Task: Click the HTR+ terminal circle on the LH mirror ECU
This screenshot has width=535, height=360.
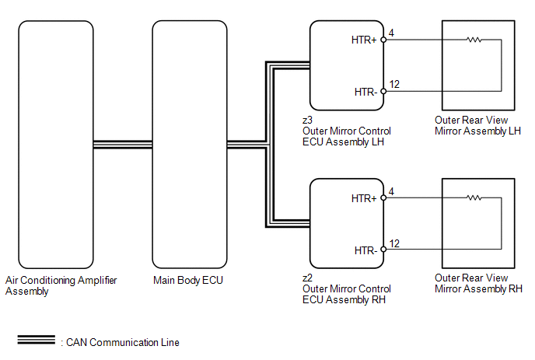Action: (383, 40)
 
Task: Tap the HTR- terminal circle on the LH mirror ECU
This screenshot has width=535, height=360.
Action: (383, 92)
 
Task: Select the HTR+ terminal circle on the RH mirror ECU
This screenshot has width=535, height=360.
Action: (383, 198)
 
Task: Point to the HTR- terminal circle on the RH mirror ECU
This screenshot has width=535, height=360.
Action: (383, 250)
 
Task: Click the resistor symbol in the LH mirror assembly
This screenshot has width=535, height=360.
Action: (474, 40)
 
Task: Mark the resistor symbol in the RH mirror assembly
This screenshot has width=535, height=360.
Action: (474, 197)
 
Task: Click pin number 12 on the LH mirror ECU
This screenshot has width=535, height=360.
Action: (394, 84)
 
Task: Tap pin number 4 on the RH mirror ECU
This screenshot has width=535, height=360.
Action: (391, 191)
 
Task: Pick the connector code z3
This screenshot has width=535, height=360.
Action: (307, 120)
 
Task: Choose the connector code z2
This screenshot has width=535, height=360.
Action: (307, 278)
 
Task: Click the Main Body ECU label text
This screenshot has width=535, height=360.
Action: (188, 280)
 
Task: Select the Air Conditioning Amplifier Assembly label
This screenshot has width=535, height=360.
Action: (61, 285)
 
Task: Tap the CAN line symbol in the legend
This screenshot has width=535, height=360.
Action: (37, 340)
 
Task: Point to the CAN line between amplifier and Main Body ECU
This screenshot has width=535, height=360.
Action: (123, 145)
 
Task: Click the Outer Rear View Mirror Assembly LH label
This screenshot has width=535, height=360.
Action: (477, 126)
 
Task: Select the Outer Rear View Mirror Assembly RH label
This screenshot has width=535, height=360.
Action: (478, 283)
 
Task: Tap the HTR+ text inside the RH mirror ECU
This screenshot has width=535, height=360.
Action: (364, 198)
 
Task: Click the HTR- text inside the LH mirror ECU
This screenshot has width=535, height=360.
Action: (365, 92)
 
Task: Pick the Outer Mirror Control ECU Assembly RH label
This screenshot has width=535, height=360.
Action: (347, 294)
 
